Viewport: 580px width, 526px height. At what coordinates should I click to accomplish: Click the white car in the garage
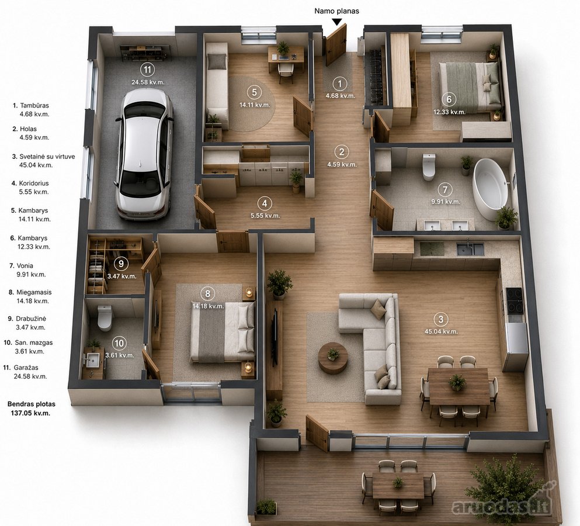145,155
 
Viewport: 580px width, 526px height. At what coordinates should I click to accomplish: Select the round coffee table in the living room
334,358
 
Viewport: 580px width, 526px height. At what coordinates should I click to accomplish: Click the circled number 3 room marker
440,319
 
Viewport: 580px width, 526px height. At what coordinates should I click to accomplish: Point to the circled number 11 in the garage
148,69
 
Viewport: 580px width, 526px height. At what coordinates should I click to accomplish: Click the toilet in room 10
105,317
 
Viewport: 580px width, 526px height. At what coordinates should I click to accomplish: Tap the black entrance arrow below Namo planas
336,22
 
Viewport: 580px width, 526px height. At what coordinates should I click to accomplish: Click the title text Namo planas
336,11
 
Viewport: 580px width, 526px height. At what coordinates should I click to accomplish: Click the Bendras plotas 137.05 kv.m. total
32,409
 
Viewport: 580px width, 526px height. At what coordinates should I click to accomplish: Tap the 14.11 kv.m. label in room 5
255,105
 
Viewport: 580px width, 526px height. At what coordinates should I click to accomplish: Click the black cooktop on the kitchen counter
515,300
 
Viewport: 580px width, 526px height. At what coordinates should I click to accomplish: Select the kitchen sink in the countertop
470,249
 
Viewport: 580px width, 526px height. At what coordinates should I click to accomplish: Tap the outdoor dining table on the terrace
398,485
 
